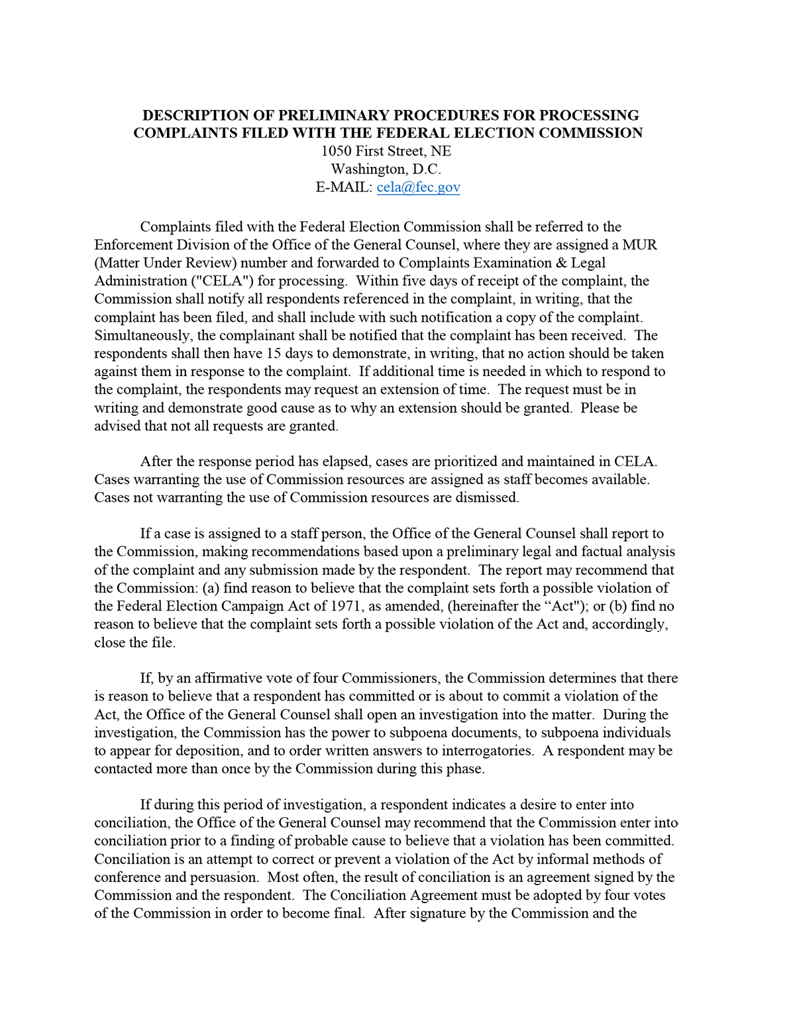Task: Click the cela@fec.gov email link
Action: point(418,187)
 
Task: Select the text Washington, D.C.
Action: point(386,170)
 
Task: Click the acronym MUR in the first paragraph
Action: point(639,245)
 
